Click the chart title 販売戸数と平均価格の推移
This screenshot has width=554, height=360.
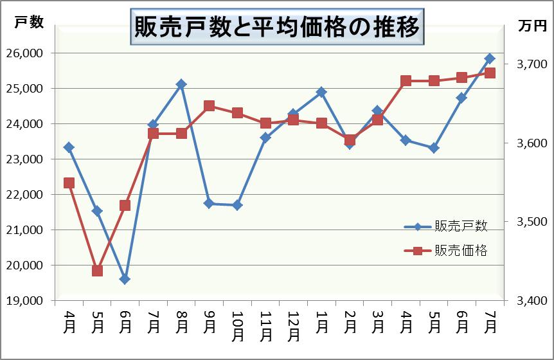pos(277,27)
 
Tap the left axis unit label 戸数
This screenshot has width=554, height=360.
pos(29,22)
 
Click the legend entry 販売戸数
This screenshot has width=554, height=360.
pos(460,226)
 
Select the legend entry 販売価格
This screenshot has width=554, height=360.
pos(460,251)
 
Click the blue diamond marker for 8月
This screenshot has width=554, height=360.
pos(181,84)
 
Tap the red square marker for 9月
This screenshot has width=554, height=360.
pos(209,106)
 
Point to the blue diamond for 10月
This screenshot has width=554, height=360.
pos(237,205)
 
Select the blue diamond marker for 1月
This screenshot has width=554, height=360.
pos(321,93)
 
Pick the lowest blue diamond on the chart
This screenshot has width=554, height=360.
pos(125,279)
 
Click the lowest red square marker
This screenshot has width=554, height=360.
pos(97,271)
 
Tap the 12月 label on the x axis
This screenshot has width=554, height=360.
pos(293,325)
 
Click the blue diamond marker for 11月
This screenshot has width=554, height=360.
pos(265,137)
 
